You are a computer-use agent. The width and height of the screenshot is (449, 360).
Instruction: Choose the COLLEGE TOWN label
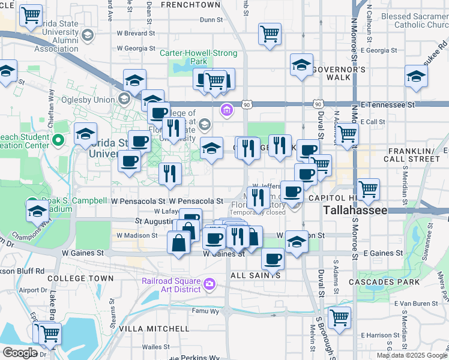coord(80,278)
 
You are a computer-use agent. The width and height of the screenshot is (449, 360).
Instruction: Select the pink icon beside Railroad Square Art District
coord(209,283)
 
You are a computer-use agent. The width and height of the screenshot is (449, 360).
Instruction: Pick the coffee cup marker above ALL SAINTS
coord(273,259)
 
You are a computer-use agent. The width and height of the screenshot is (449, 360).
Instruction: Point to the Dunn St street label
coord(211,20)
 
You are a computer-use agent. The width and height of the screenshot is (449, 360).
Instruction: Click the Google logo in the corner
coord(20,353)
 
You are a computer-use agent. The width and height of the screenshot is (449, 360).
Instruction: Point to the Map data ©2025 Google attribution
coord(412,355)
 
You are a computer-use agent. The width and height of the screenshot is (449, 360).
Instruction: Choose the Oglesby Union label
coord(90,99)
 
